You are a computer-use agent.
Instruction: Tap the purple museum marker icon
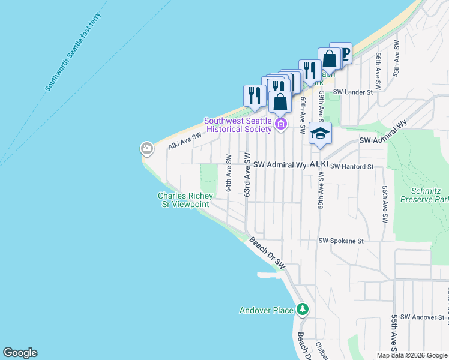click(x=281, y=124)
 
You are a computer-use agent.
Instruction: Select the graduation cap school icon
click(x=320, y=133)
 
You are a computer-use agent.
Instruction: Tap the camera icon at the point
click(x=146, y=148)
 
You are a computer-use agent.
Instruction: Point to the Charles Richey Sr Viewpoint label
click(x=183, y=200)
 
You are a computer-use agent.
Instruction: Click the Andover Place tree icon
click(x=303, y=310)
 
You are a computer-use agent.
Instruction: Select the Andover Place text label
click(x=267, y=310)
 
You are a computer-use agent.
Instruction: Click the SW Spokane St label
click(x=341, y=241)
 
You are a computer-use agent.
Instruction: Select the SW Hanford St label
click(x=352, y=166)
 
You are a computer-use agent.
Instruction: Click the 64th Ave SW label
click(x=229, y=173)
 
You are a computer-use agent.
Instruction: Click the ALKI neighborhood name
click(x=319, y=164)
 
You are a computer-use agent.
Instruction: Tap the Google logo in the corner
click(x=20, y=353)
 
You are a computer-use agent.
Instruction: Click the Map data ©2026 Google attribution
click(x=411, y=355)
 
